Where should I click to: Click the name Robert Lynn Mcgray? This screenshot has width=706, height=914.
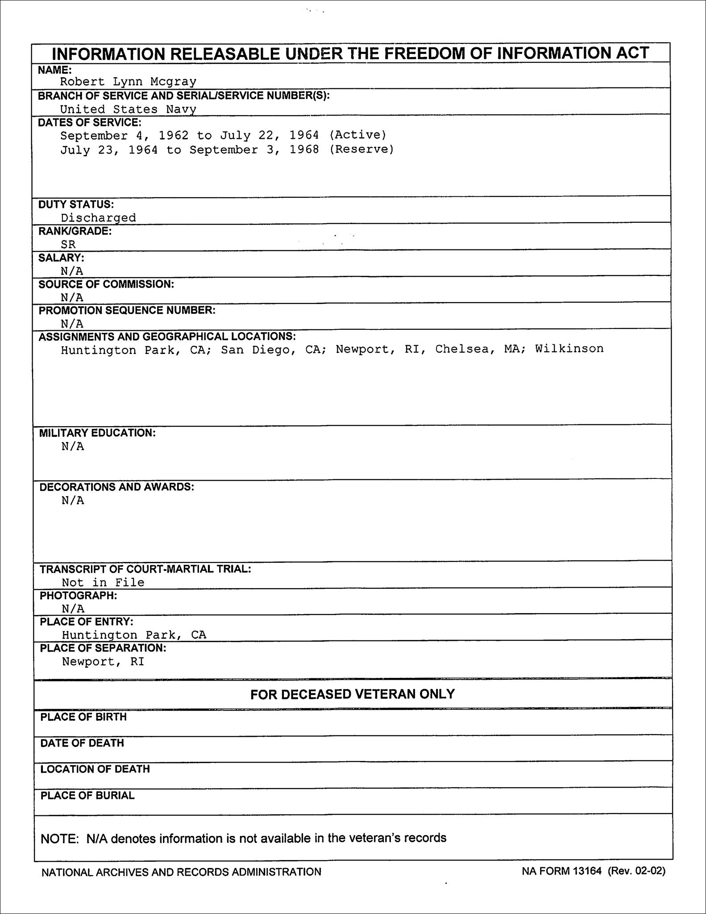[x=128, y=82]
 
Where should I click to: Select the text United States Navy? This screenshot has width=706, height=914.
[x=128, y=109]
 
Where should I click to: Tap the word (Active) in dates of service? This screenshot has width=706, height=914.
[x=357, y=135]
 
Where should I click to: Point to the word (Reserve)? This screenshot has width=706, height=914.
[x=361, y=150]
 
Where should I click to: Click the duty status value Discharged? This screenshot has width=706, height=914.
[x=98, y=218]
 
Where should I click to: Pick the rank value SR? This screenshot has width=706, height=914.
[x=68, y=245]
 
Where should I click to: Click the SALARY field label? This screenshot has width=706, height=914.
[x=61, y=258]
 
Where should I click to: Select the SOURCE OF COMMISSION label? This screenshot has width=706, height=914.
[x=106, y=284]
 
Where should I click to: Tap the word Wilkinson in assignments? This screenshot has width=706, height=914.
[x=569, y=349]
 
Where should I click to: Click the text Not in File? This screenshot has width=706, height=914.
[x=103, y=582]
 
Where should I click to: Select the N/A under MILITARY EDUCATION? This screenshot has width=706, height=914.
[x=73, y=447]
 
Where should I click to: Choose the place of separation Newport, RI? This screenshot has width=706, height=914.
[x=103, y=662]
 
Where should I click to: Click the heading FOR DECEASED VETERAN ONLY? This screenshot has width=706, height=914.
[x=352, y=694]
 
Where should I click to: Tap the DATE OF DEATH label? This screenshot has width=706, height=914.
[x=82, y=743]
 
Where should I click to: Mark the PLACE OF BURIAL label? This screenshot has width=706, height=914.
[x=87, y=796]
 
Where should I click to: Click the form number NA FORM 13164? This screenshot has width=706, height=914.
[x=562, y=871]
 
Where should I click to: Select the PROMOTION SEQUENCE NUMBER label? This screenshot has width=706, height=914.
[x=127, y=311]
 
